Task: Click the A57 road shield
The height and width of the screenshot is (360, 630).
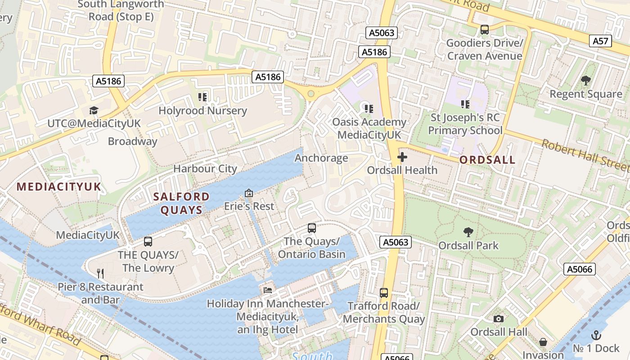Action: point(600,41)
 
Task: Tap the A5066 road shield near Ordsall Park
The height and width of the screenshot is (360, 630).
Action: point(580,269)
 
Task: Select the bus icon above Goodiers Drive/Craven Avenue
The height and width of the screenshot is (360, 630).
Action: point(485,30)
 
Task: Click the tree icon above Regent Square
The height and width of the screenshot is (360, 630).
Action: point(585,81)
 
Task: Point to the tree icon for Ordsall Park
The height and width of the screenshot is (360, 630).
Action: point(468,232)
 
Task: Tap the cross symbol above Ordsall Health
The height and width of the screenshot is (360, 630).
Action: point(402,157)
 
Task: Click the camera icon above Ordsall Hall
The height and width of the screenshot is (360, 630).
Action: point(499,319)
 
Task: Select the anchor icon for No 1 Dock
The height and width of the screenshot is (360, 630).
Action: point(596,335)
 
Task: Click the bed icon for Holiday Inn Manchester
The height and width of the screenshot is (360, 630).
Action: point(268,290)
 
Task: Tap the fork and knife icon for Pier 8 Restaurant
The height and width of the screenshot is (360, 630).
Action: point(101,273)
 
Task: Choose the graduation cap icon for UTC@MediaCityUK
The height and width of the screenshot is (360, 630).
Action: point(94,110)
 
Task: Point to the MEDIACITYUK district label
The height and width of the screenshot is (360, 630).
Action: point(59,187)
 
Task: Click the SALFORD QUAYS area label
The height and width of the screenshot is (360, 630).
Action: point(181,203)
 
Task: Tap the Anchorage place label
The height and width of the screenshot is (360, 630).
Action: point(321,158)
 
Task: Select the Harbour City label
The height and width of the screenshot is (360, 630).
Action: point(205,169)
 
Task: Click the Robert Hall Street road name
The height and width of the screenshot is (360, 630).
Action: point(585,156)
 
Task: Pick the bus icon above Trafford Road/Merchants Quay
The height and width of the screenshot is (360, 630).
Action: point(384,293)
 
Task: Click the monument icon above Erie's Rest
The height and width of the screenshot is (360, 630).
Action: point(249,193)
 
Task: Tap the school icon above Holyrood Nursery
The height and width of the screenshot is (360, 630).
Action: point(202,97)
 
